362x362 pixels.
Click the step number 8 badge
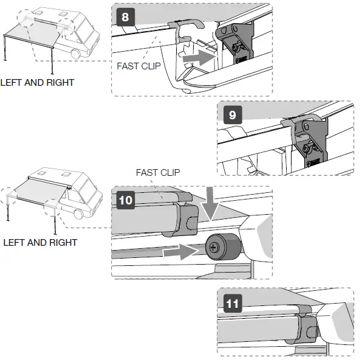(x=125, y=16)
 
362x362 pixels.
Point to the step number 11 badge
(x=231, y=302)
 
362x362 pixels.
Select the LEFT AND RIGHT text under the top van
(x=37, y=82)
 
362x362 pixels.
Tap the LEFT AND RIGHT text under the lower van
(x=40, y=242)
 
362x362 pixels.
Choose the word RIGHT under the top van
(x=60, y=82)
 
